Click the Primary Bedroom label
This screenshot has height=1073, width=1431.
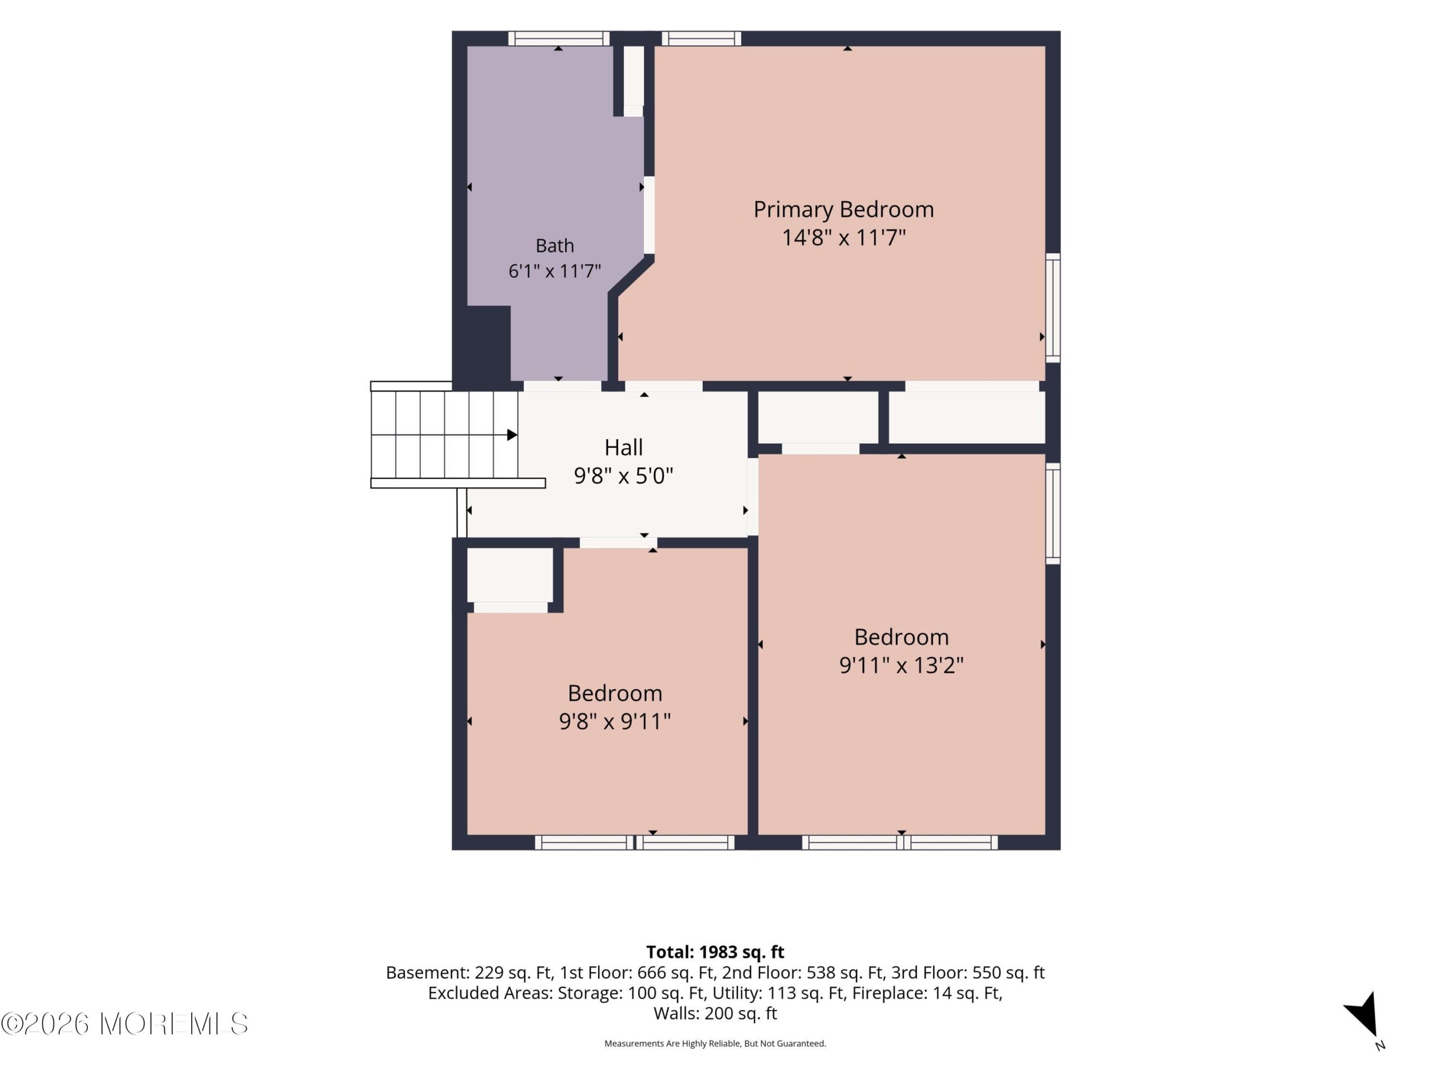pos(844,210)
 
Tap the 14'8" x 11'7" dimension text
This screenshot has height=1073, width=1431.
pos(844,238)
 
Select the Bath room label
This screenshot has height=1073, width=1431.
pos(555,246)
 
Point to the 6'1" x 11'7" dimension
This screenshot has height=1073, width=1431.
pos(555,271)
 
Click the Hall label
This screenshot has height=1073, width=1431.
pos(624,448)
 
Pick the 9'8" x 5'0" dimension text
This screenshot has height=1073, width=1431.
pos(624,476)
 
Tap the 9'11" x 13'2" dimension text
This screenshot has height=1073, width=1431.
pos(902,665)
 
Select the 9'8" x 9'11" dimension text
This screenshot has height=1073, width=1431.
pos(614,721)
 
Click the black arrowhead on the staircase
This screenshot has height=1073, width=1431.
pos(511,435)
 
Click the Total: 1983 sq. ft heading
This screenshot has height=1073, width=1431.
pos(715,952)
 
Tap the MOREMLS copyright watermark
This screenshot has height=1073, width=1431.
pos(124,1023)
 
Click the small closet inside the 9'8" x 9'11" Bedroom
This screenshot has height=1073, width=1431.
pos(510,576)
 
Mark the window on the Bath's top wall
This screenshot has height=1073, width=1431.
pos(559,39)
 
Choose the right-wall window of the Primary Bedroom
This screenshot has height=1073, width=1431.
pos(1053,308)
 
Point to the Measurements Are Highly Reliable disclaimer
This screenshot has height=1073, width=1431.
pos(715,1043)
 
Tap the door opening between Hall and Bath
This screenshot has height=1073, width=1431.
pos(562,386)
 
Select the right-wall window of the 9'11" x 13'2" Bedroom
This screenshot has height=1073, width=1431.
pos(1053,514)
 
